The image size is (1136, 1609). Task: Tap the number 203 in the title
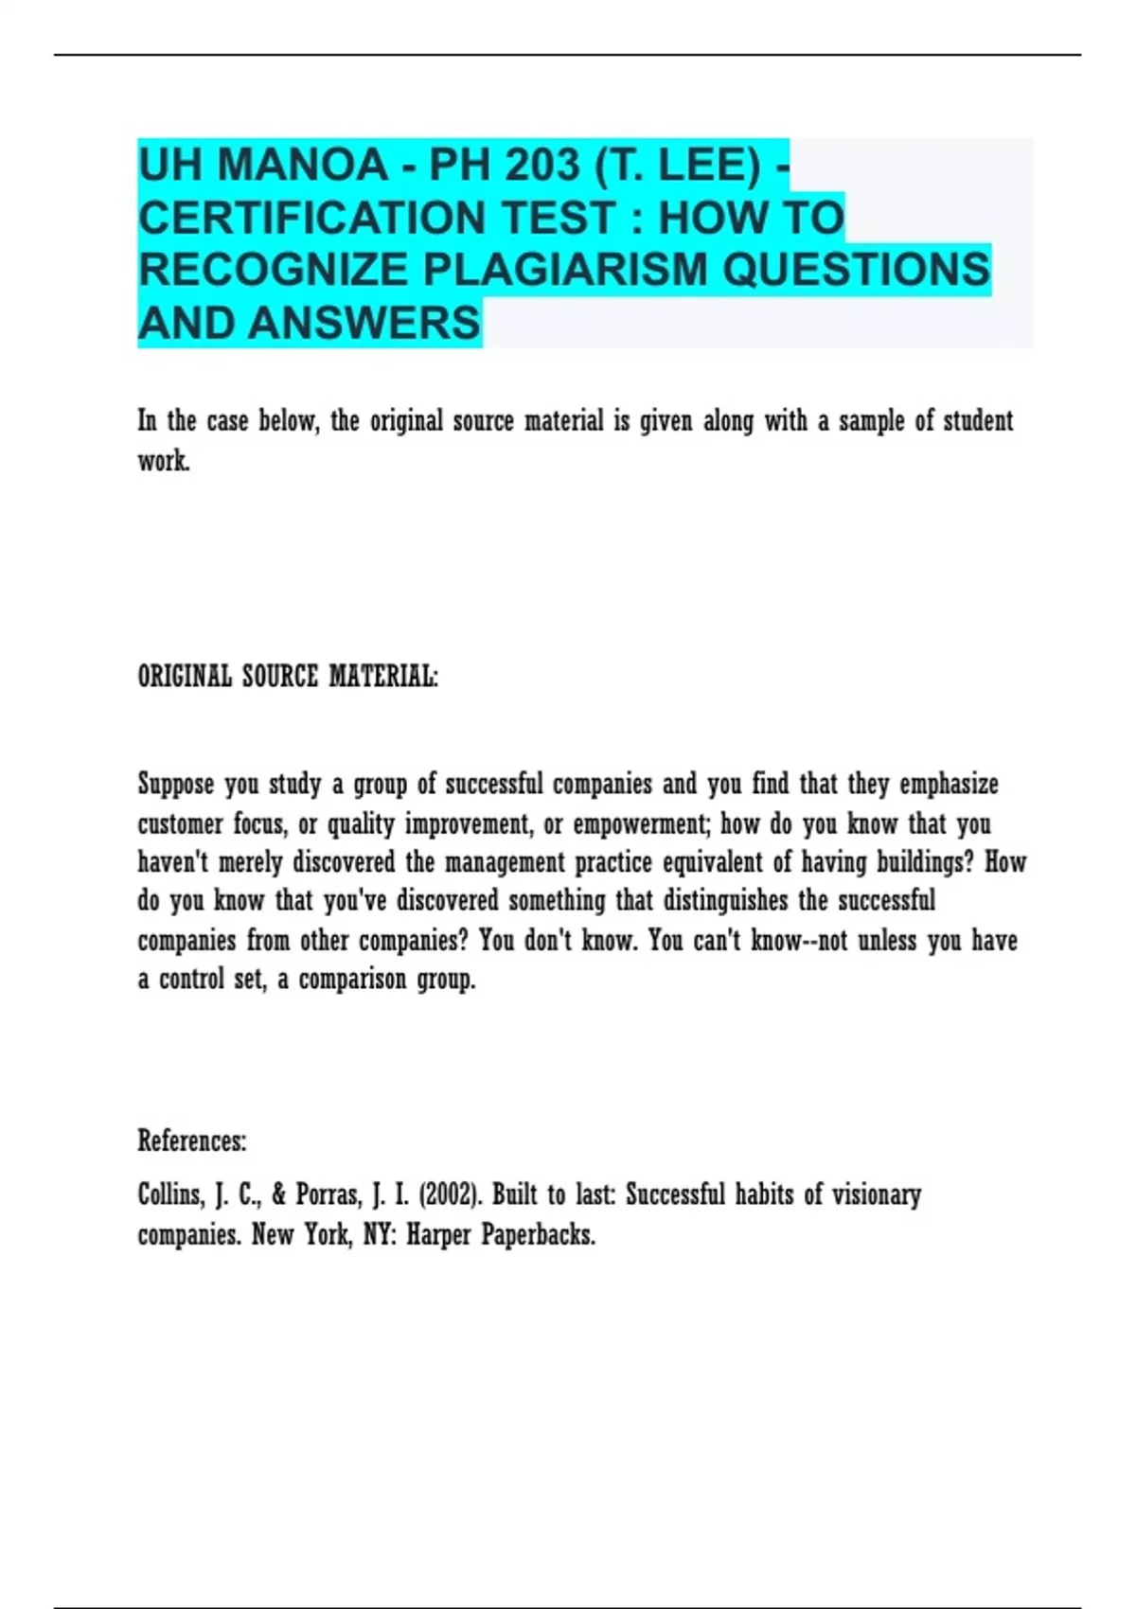[x=541, y=167]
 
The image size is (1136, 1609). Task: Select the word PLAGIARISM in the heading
[x=564, y=270]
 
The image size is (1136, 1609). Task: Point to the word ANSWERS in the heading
[x=364, y=323]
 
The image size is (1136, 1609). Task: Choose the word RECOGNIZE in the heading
[x=273, y=270]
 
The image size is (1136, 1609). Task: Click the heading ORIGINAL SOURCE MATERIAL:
[x=288, y=677]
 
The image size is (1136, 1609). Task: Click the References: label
[x=192, y=1141]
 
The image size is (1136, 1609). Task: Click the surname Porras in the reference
[x=328, y=1194]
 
